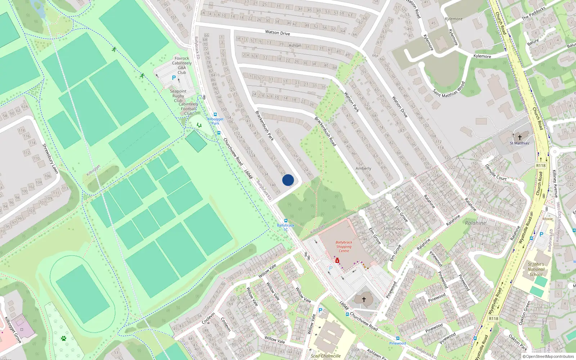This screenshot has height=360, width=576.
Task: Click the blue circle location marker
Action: click(288, 180)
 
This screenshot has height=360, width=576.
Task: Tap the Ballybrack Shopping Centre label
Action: click(344, 247)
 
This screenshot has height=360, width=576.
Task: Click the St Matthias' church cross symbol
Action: click(519, 137)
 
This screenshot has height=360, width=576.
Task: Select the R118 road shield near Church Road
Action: click(541, 166)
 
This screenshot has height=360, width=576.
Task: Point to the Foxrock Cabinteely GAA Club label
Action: click(182, 65)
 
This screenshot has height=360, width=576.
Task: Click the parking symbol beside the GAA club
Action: click(174, 78)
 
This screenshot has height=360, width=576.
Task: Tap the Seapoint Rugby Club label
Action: click(178, 96)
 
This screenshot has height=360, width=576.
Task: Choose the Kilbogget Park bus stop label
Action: click(215, 121)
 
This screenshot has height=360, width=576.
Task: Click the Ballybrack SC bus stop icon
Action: click(285, 221)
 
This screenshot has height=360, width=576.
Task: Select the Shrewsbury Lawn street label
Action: click(50, 158)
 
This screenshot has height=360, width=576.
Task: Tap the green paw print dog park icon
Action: click(64, 338)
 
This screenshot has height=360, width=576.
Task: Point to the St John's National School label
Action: click(536, 269)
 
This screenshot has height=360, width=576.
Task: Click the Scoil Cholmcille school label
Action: click(326, 356)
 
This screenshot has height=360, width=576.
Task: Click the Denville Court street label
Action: click(496, 173)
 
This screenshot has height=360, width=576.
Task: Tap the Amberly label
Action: click(363, 168)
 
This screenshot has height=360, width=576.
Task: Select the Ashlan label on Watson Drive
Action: click(295, 45)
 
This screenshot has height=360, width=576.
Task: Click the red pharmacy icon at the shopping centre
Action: click(337, 260)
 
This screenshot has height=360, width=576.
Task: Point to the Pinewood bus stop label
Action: click(397, 343)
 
